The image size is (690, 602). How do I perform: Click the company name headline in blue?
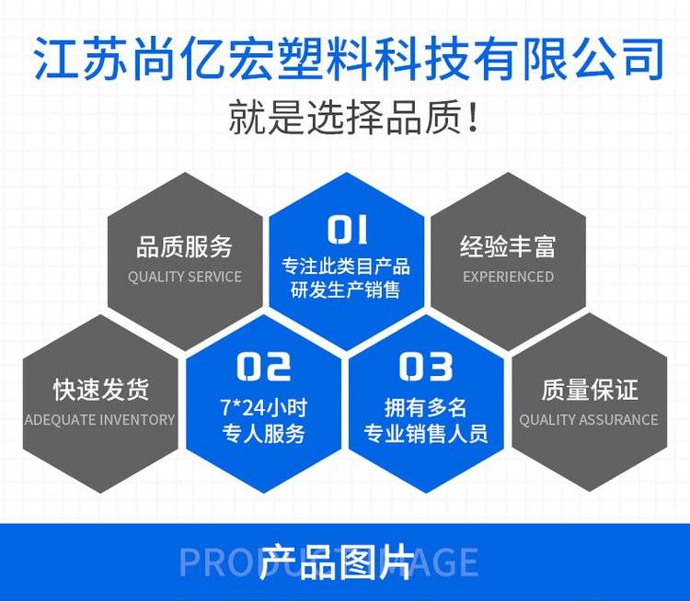(349, 59)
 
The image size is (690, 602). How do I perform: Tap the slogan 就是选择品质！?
(353, 117)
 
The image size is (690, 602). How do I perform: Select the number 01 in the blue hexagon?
(347, 229)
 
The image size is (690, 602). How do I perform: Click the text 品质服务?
(184, 246)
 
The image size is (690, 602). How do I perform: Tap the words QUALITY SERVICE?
(185, 277)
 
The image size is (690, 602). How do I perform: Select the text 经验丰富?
(508, 246)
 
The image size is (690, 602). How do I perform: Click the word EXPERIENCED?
(508, 277)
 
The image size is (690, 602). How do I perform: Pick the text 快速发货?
(101, 390)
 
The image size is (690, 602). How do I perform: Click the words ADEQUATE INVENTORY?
(100, 419)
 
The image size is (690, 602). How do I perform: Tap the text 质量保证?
(590, 390)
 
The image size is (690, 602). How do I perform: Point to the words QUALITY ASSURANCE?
(589, 419)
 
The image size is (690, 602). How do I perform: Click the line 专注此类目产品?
(346, 267)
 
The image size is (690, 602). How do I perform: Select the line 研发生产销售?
(345, 290)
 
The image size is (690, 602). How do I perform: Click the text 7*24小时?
(264, 408)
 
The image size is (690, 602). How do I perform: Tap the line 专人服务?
(264, 433)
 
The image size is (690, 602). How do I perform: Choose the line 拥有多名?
(426, 408)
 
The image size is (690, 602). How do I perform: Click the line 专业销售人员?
(426, 433)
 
